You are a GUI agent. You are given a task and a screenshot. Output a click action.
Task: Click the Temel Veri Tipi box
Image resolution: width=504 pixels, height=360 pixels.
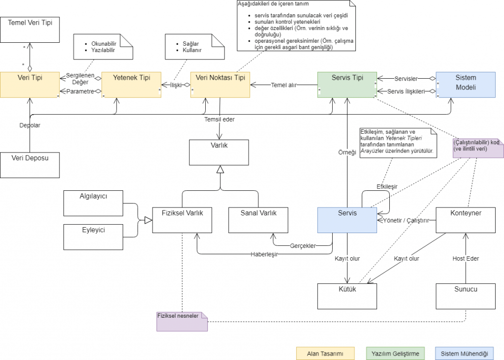[x=30, y=30]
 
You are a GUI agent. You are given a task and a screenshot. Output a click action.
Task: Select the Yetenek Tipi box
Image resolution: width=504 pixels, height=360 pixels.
[x=131, y=85]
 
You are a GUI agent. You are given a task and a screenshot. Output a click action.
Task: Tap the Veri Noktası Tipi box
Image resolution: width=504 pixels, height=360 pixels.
[x=220, y=85]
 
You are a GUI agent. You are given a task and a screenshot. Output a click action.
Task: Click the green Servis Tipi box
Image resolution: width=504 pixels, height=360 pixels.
[x=347, y=85]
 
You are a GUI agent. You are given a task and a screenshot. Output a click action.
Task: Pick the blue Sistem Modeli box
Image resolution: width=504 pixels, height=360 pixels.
[x=466, y=85]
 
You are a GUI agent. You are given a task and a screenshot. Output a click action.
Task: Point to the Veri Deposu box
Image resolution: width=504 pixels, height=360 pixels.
[x=30, y=165]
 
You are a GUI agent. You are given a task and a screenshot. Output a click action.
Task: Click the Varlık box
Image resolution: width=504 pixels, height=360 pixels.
[x=219, y=152]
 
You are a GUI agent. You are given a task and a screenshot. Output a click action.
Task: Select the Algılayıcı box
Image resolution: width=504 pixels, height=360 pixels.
[x=93, y=203]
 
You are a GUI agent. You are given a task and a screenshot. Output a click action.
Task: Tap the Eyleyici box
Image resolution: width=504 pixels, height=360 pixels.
[x=93, y=237]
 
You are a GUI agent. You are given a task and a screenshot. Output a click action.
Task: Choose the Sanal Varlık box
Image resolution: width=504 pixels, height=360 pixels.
[x=258, y=220]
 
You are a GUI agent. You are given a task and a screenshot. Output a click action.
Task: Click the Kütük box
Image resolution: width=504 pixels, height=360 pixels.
[x=347, y=297]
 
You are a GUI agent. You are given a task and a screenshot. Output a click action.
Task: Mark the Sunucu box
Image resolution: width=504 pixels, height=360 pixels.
[x=466, y=297]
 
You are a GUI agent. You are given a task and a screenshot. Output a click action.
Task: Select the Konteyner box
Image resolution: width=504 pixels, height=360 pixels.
[x=466, y=220]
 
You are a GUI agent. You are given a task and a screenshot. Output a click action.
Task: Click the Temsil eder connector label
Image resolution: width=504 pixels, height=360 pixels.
[x=220, y=120]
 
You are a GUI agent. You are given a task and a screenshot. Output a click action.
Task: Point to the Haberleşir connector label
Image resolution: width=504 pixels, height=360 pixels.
[x=264, y=254]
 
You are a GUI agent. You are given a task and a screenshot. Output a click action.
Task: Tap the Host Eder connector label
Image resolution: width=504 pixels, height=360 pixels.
[x=466, y=259]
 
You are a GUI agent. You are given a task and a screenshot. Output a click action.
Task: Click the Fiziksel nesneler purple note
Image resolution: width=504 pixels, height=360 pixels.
[x=182, y=322]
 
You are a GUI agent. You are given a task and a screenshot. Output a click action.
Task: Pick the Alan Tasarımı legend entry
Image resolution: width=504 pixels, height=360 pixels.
[x=325, y=354]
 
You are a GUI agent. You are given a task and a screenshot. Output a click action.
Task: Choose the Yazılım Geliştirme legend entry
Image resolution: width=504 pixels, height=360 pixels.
[x=395, y=354]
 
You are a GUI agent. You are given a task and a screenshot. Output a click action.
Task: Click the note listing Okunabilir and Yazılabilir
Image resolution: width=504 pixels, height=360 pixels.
[x=103, y=47]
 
